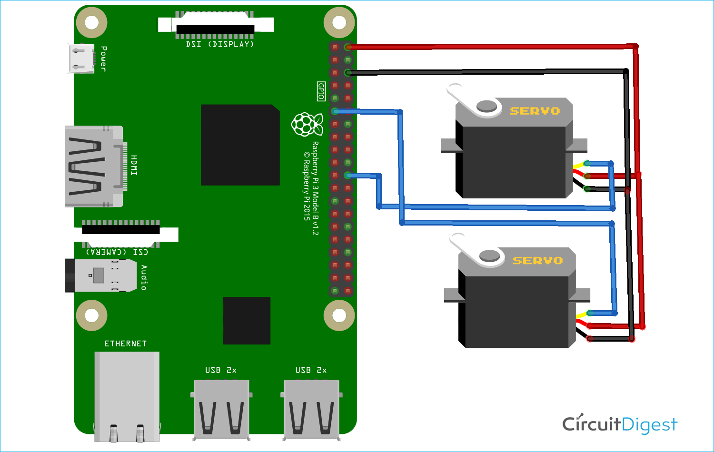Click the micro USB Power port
point(81,59)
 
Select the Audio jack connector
point(102,275)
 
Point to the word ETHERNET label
point(126,344)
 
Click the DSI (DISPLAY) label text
point(220,44)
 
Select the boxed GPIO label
point(321,91)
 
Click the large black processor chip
point(240,145)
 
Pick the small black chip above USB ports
point(247,320)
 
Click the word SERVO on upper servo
point(535,111)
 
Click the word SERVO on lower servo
point(537,261)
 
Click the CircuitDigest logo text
point(619,424)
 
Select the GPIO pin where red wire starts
point(348,47)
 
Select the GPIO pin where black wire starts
point(348,73)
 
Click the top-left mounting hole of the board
point(91,22)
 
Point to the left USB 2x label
point(220,370)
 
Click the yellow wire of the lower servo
point(581,315)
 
